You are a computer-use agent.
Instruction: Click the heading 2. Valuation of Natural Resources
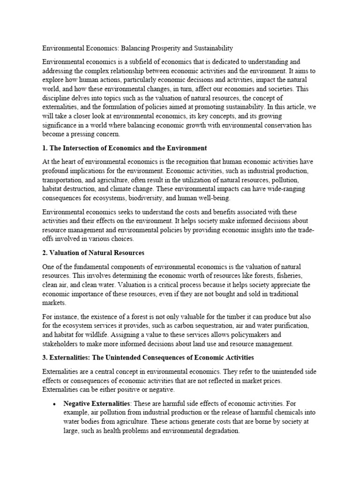coord(93,253)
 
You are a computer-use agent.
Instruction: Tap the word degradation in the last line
coord(219,430)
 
